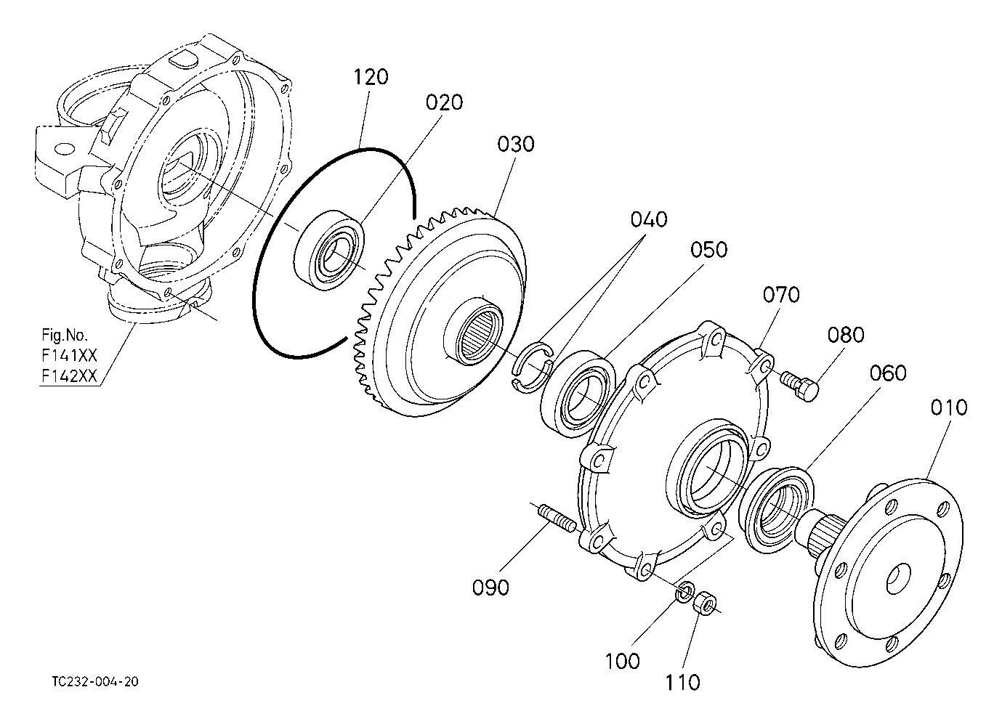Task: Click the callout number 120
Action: click(371, 77)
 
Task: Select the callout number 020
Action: click(444, 103)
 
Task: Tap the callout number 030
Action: click(516, 145)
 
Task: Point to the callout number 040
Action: click(649, 219)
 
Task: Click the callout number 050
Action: click(709, 250)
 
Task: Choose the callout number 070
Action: click(781, 295)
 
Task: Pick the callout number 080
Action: click(846, 335)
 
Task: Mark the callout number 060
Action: click(888, 373)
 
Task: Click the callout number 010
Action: click(949, 407)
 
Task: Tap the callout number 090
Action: click(490, 588)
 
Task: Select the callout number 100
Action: click(622, 662)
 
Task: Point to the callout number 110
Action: click(682, 683)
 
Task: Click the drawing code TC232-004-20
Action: click(95, 682)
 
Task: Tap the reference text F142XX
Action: click(69, 376)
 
